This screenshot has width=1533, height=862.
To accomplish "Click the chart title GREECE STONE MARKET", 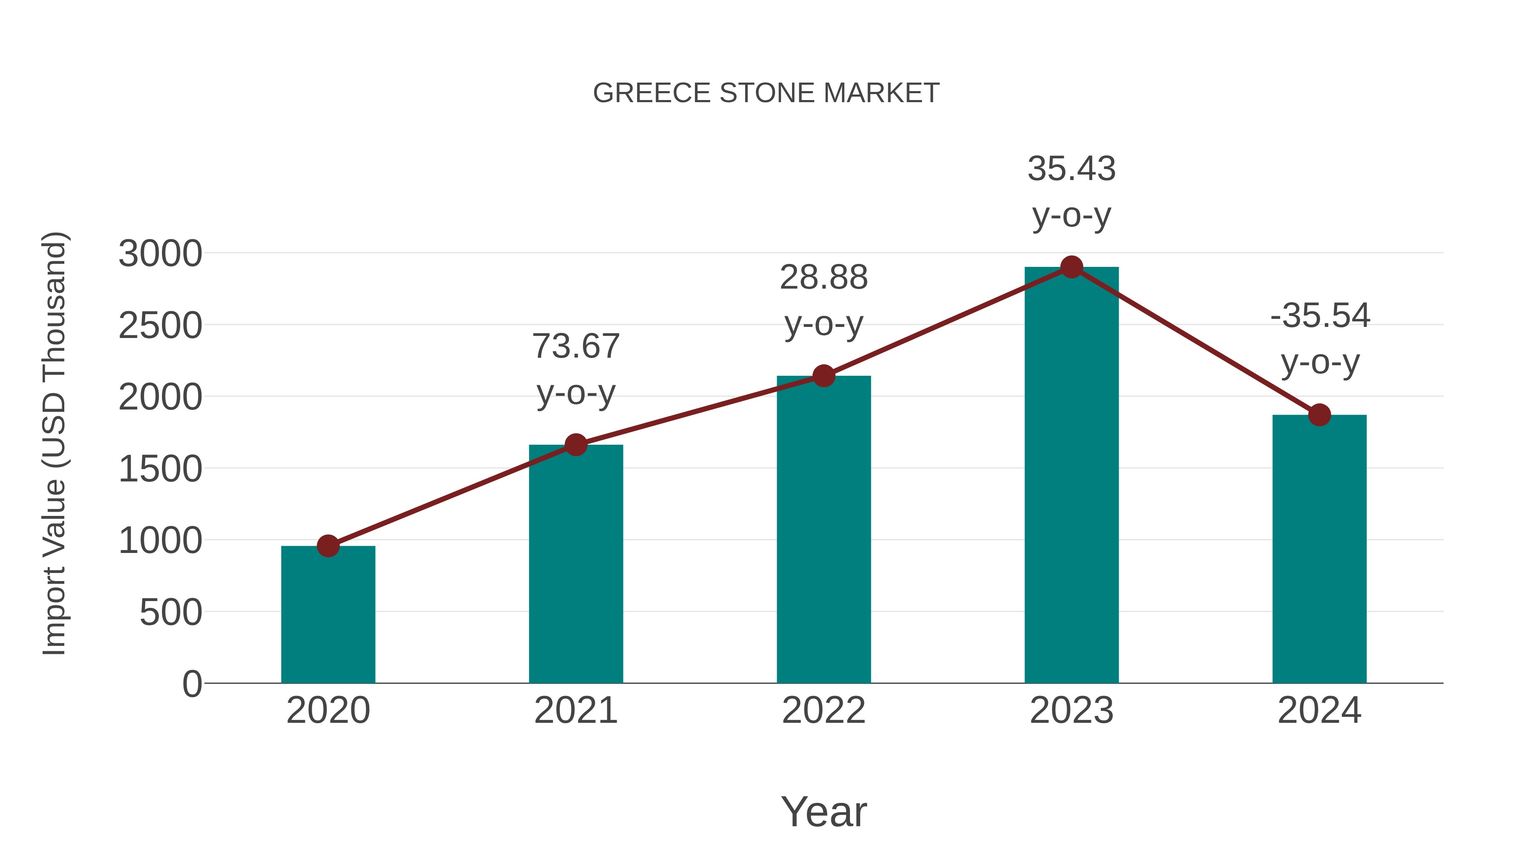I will pos(766,93).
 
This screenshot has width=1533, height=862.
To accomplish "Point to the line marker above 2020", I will pos(328,546).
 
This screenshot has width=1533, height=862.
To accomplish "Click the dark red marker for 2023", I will pos(1071,267).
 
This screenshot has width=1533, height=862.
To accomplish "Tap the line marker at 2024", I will pos(1319,415).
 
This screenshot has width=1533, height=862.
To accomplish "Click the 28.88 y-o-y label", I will pos(824,301).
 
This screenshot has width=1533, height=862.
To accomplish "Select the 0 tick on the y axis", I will pos(192,684).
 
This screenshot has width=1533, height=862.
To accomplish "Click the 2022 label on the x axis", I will pos(824,710).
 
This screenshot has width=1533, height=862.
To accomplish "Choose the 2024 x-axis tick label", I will pos(1319,710).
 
